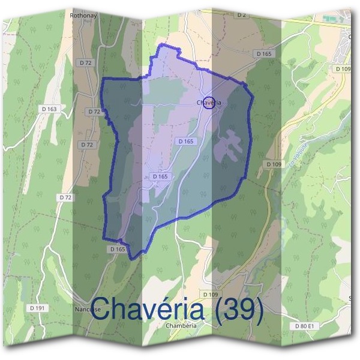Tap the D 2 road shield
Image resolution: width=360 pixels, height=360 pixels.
242,14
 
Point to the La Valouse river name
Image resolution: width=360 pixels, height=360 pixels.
293,161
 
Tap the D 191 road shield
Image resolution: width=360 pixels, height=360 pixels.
37,308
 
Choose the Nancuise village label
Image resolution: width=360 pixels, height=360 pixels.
88,310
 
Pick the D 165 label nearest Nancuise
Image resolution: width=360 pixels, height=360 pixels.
118,248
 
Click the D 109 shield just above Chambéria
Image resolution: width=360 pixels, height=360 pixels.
210,294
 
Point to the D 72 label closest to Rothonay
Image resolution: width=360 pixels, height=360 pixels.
85,62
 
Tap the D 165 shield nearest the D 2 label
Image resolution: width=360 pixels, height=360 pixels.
263,53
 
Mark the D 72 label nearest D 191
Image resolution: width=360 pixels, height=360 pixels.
65,197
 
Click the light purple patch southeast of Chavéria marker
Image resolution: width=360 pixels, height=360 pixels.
230,145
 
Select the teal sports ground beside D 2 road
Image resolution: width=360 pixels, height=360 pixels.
329,19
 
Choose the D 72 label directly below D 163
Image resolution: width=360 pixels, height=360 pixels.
88,145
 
